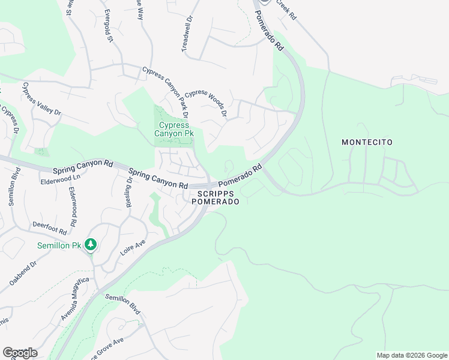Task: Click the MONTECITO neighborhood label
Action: (367, 142)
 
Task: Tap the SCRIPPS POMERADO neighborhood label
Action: (215, 197)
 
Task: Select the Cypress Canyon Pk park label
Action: (175, 129)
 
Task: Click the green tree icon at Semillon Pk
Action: (90, 244)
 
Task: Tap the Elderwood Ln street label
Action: (60, 179)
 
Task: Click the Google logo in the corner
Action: (20, 353)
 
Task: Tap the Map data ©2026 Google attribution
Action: (411, 355)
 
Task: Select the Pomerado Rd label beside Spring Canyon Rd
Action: (240, 176)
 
